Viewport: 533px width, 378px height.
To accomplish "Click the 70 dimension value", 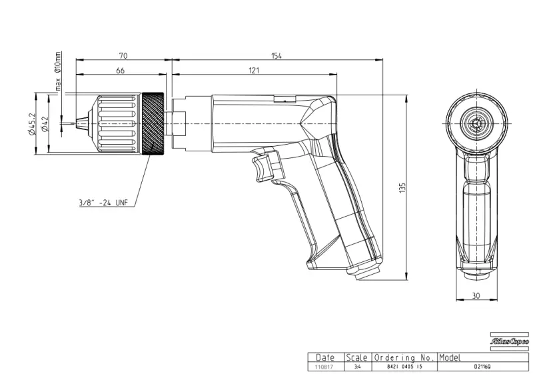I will tap(123, 55).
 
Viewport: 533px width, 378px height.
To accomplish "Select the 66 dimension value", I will tap(121, 69).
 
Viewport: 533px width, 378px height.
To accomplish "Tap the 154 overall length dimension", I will tap(276, 55).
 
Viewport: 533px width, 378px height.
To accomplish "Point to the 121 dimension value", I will tap(255, 69).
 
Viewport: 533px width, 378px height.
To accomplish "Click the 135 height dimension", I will tap(402, 188).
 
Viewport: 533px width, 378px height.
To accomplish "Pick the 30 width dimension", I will tap(474, 295).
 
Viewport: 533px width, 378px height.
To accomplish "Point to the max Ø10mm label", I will tap(59, 71).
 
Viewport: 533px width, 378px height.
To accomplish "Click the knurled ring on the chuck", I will tap(153, 125).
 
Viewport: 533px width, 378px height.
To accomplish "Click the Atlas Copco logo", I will tap(509, 341).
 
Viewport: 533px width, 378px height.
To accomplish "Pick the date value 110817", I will tap(324, 367).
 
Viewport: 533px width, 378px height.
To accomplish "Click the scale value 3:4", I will tap(357, 367).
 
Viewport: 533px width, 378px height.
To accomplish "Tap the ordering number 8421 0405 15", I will tap(404, 367).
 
